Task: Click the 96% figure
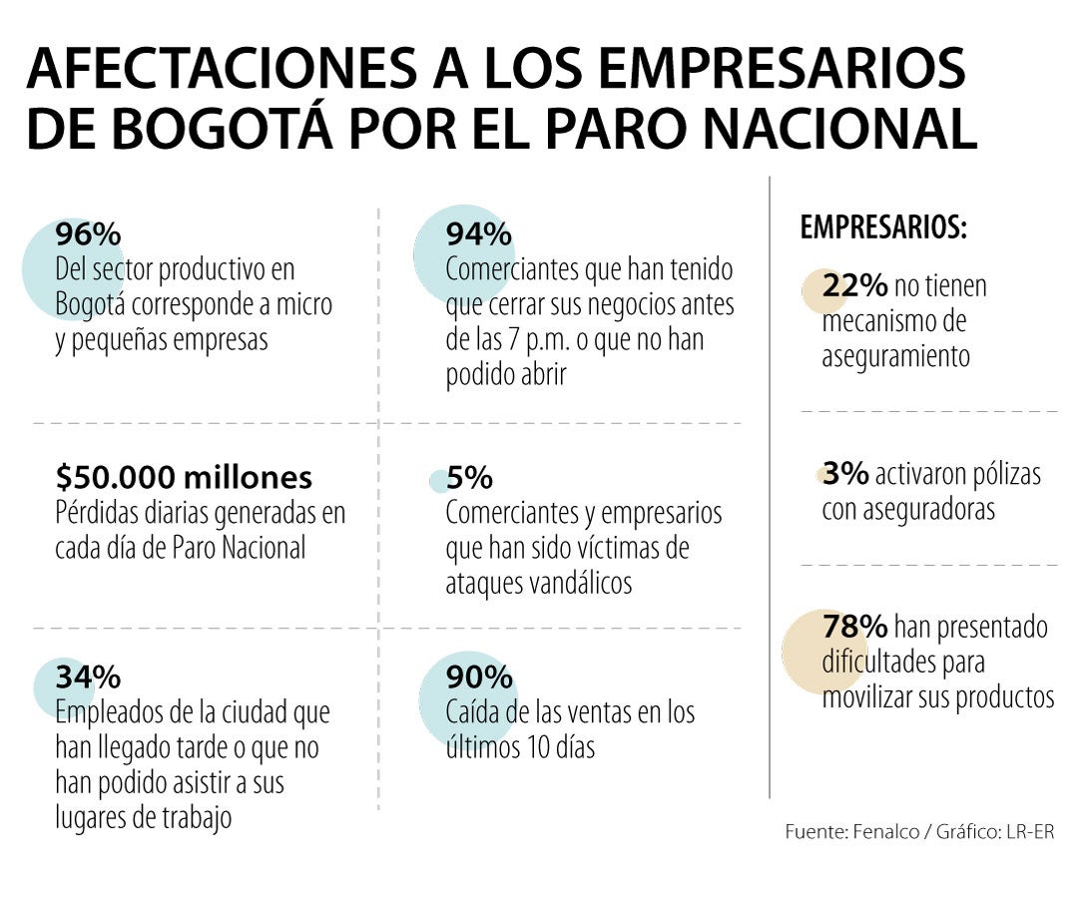point(88,235)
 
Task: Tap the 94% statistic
point(479,235)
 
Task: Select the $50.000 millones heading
point(184,478)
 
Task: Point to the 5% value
point(469,479)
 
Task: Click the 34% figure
point(88,677)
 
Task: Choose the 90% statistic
point(479,677)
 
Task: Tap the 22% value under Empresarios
point(854,286)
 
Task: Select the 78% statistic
point(854,627)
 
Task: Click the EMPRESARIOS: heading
point(883,228)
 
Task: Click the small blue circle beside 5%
point(438,481)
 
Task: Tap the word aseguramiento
point(895,357)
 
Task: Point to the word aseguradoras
point(908,509)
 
